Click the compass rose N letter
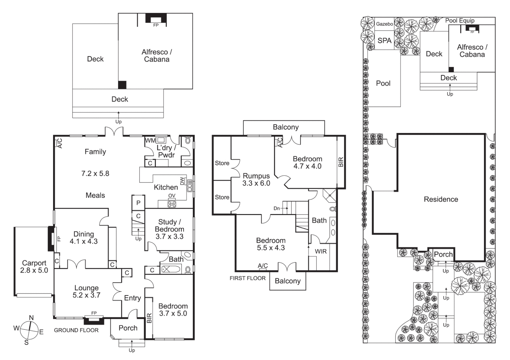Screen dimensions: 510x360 click(31, 318)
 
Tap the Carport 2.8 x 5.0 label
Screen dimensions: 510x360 click(34, 267)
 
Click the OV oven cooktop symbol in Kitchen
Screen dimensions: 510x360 click(172, 204)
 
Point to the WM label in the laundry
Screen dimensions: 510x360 click(150, 141)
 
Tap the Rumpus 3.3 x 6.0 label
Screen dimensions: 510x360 click(256, 179)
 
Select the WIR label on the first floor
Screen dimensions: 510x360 click(321, 251)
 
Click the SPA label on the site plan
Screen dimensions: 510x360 click(384, 41)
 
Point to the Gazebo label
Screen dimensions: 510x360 click(385, 24)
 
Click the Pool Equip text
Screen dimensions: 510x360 click(460, 21)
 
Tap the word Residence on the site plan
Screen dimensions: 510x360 click(441, 199)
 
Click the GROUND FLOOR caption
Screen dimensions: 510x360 click(76, 330)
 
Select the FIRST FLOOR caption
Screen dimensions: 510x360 click(247, 278)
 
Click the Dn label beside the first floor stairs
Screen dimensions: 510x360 click(277, 208)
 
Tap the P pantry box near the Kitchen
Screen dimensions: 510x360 click(138, 203)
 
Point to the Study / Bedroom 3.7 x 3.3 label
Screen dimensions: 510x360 click(169, 229)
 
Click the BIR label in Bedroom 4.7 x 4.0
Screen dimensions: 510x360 click(341, 162)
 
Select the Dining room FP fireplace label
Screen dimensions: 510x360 click(59, 239)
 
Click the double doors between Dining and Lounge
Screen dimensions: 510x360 click(77, 265)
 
